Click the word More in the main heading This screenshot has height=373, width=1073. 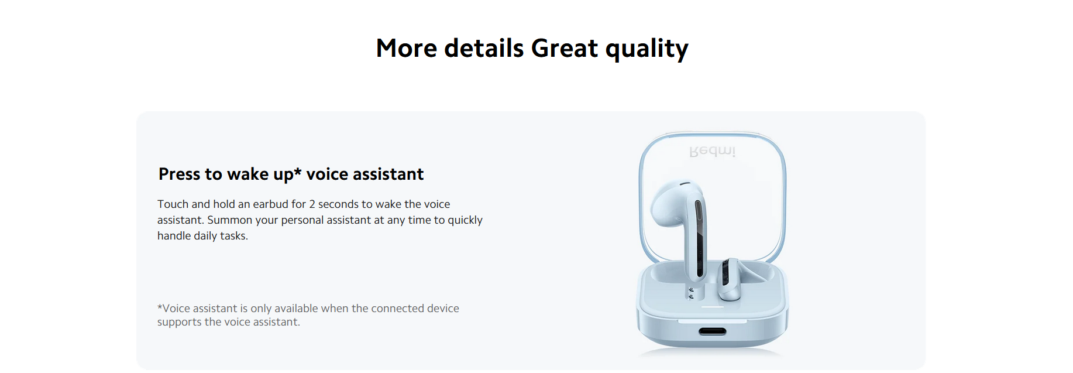click(x=406, y=48)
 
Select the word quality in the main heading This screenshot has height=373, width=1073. click(x=647, y=50)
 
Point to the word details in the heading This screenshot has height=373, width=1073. click(x=484, y=48)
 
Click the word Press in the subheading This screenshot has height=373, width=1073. click(x=179, y=174)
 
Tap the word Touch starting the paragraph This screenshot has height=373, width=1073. click(x=173, y=204)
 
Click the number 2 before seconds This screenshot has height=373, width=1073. click(x=312, y=204)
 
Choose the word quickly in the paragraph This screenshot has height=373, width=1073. click(x=465, y=221)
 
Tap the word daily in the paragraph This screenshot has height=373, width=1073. click(x=205, y=237)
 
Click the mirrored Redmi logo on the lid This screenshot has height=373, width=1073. click(x=712, y=151)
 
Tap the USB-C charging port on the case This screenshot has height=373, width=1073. click(x=713, y=331)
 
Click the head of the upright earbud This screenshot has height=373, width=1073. click(x=673, y=202)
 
